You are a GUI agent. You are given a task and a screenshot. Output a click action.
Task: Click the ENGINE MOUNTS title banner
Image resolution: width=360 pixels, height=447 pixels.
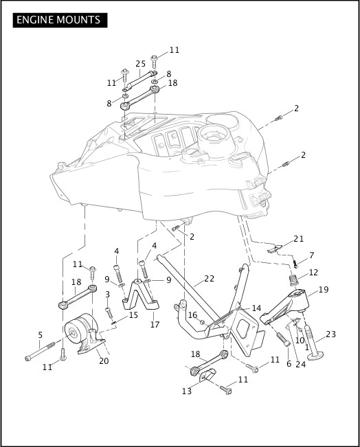(60, 20)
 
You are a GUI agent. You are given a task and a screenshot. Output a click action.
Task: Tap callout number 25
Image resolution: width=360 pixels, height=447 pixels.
(140, 64)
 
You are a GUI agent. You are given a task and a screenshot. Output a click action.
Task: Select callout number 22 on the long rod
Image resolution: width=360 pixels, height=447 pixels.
(210, 278)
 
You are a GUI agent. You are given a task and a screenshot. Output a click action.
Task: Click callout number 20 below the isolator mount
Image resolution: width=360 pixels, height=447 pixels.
(104, 361)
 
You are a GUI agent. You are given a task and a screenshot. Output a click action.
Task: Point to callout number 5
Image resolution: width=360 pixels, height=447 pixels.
(41, 334)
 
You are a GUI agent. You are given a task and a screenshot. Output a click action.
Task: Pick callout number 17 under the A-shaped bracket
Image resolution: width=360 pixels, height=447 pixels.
(155, 324)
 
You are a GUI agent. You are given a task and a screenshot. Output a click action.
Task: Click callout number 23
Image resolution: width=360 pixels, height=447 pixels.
(331, 334)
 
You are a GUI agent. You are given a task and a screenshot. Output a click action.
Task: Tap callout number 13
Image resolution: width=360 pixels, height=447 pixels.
(187, 391)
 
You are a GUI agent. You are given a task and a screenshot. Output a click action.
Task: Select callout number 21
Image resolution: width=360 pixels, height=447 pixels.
(298, 239)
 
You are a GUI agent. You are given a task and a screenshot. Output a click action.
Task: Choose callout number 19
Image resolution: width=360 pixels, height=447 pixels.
(324, 289)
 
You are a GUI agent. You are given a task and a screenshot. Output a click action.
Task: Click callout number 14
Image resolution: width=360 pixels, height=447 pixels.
(256, 308)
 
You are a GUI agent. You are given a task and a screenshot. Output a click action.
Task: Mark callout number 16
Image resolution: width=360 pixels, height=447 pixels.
(193, 314)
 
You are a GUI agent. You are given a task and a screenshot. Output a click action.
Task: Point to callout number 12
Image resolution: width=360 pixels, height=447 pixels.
(313, 272)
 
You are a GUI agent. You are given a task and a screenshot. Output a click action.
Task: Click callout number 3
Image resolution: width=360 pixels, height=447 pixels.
(107, 294)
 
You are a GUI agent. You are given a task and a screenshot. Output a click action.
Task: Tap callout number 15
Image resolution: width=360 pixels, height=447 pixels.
(133, 314)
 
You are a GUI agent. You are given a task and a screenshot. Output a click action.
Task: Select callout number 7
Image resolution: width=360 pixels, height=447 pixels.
(311, 255)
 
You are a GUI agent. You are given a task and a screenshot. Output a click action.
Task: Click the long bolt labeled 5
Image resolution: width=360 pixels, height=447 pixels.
(40, 349)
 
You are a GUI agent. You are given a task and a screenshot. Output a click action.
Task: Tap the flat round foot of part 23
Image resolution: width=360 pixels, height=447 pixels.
(315, 356)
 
